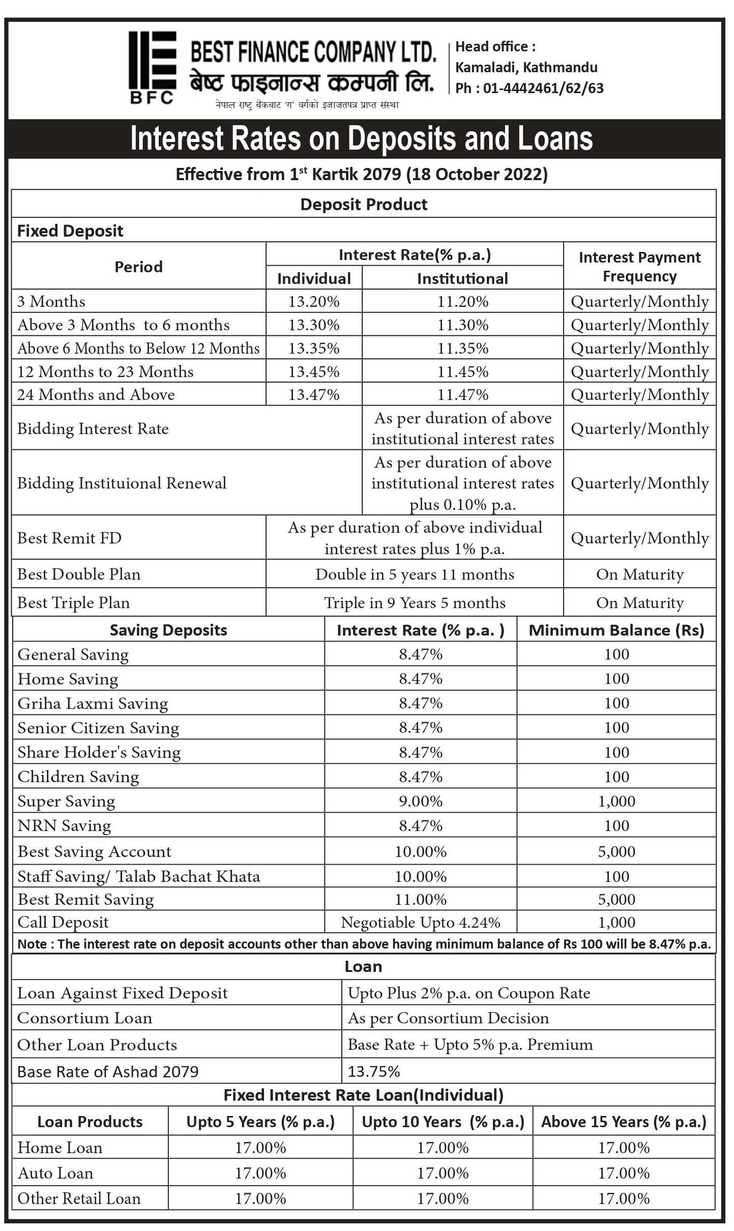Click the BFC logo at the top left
pos(152,67)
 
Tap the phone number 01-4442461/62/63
pos(543,89)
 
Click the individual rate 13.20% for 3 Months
pos(314,302)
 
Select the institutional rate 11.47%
pos(463,395)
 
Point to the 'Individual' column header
pos(314,278)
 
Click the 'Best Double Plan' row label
pos(79,575)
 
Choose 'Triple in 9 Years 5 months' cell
pos(415,603)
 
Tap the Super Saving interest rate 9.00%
pos(421,801)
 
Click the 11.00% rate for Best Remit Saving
pos(421,900)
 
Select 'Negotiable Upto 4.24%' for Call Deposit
pos(421,923)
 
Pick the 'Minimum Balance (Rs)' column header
pos(616,631)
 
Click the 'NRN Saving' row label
pos(64,826)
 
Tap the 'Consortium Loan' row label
pos(85,1018)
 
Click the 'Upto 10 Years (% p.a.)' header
pos(443,1122)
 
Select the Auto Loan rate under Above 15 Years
pos(624,1173)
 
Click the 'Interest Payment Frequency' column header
pos(639,267)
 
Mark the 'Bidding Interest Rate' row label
pos(93,429)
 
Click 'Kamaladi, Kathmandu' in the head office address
pos(526,68)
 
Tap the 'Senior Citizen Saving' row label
pos(98,728)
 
